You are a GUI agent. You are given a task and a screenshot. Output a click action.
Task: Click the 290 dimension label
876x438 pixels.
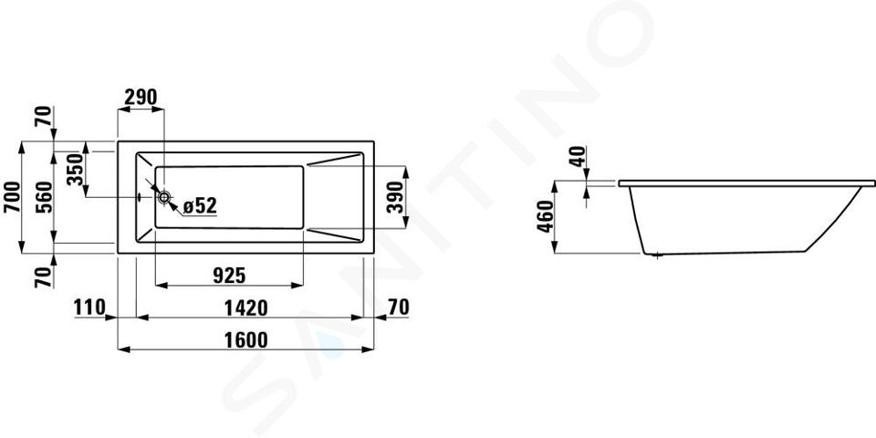click(141, 98)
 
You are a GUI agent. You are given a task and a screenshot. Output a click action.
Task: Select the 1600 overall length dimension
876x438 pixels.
click(245, 339)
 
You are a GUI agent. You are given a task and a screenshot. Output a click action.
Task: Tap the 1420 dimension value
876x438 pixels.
click(245, 308)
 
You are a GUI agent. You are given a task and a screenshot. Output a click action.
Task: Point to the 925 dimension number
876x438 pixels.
click(229, 275)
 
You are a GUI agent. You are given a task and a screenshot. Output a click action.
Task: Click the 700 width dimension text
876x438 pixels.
click(12, 197)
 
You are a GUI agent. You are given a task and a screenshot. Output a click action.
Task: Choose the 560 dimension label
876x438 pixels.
click(45, 197)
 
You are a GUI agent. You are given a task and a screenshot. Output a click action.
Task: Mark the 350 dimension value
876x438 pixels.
click(76, 170)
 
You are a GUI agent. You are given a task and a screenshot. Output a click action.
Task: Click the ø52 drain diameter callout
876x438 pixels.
click(200, 205)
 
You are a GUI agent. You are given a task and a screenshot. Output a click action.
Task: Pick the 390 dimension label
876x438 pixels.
click(395, 197)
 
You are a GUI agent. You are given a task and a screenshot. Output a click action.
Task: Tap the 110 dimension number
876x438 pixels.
click(89, 308)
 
